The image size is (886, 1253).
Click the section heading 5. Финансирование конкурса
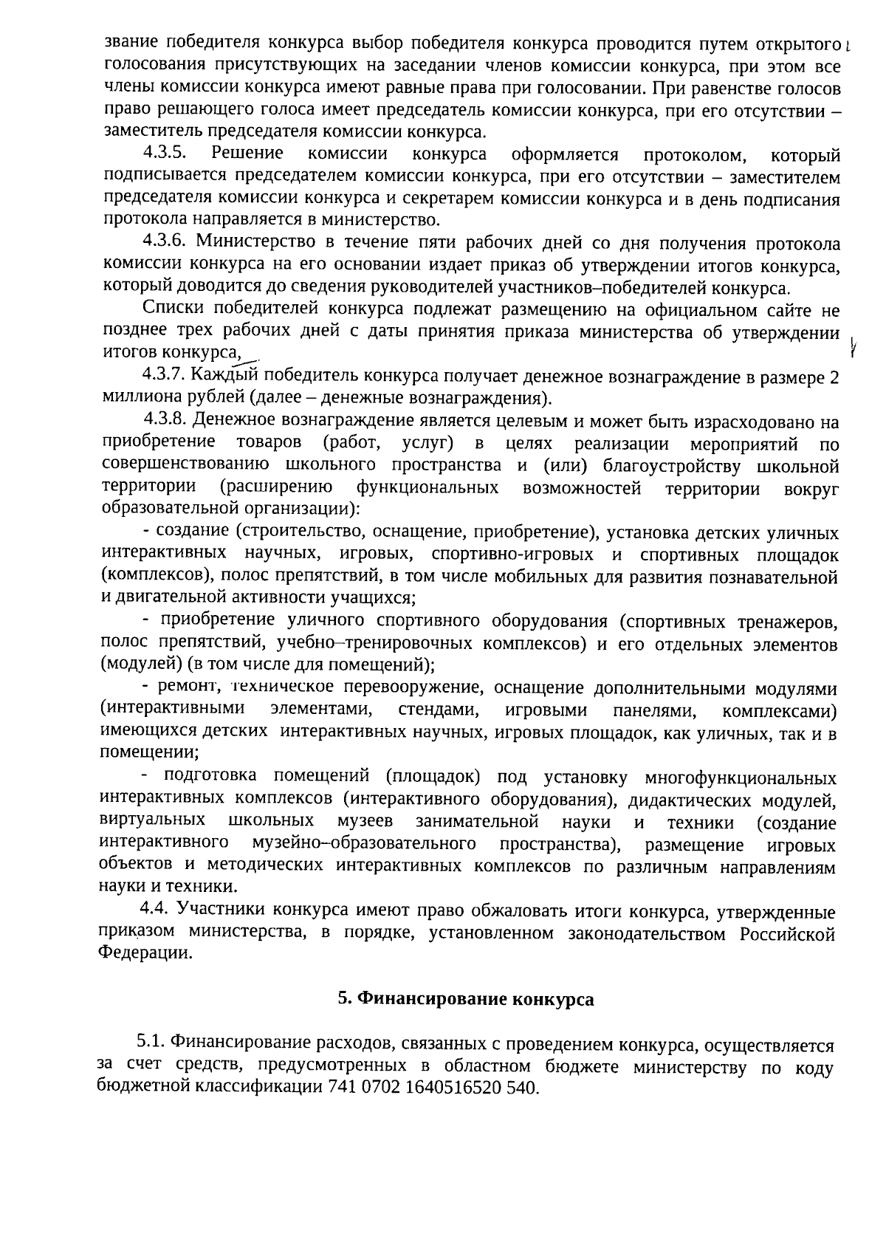pos(465,999)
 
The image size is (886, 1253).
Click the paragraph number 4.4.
pos(154,912)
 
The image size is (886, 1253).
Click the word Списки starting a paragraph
pos(168,309)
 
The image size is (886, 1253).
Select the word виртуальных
pos(152,822)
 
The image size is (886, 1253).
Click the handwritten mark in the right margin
pos(852,345)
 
